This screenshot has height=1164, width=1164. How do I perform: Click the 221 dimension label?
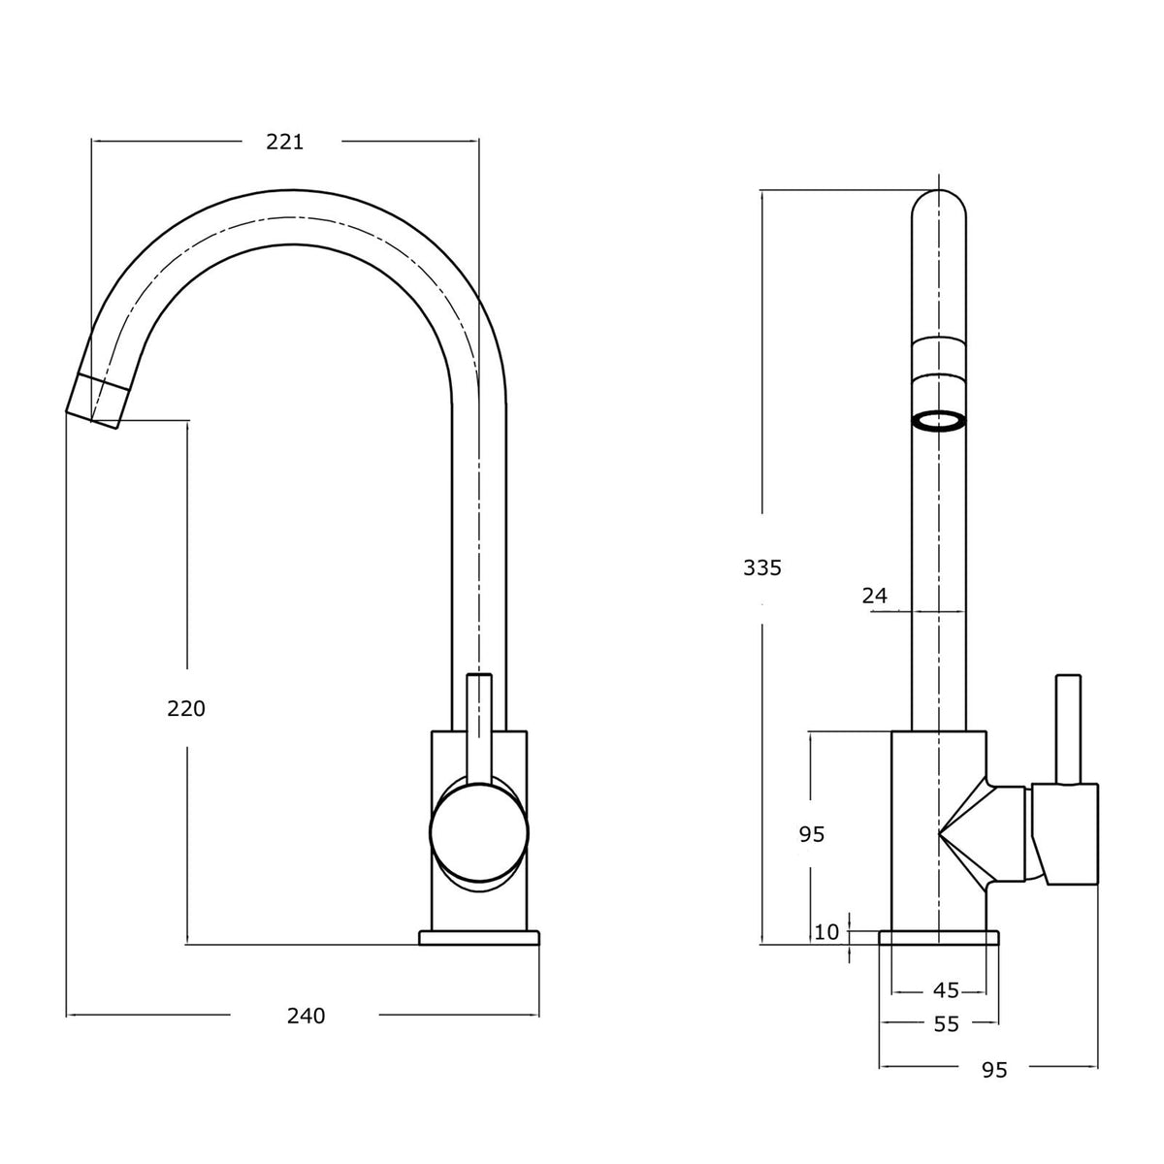coord(284,142)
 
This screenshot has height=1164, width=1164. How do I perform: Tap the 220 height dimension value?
coord(186,708)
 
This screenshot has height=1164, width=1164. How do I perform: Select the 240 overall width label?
coord(306,1016)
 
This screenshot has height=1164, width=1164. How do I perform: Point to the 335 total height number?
coord(761,567)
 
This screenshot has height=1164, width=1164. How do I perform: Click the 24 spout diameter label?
coord(874,596)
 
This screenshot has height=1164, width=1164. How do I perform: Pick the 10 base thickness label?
coord(826,932)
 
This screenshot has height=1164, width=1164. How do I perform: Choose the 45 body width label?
coord(946,990)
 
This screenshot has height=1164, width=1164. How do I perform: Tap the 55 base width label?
coord(946,1024)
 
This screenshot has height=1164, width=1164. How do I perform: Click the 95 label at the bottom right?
coord(994,1070)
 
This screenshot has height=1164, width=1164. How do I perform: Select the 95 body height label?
coord(811,834)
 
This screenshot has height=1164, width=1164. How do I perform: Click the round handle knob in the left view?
coord(479,831)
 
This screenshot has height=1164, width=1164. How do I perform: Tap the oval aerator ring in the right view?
coord(939,422)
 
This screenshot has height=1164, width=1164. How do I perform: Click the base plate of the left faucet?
coord(479,937)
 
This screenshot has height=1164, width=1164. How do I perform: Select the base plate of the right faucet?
coord(939,937)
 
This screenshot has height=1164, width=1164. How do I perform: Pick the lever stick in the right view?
coord(1067,729)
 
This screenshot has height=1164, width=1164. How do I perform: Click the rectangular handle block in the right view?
coord(1065,834)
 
